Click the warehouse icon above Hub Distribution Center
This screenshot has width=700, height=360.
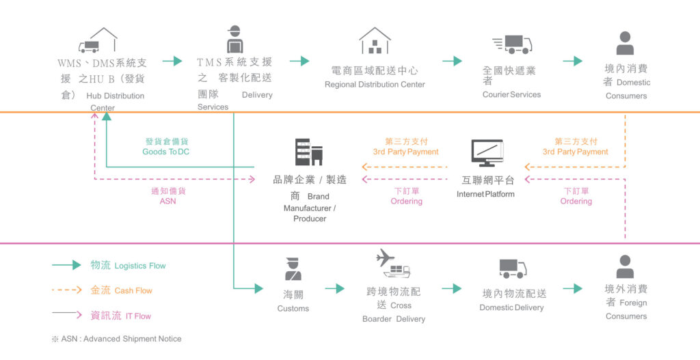pyautogui.click(x=99, y=41)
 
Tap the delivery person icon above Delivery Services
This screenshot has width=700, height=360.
pyautogui.click(x=235, y=40)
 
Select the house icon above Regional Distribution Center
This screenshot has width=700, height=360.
pyautogui.click(x=375, y=41)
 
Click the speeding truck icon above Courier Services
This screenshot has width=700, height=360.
pyautogui.click(x=512, y=44)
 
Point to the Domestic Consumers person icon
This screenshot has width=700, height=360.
pyautogui.click(x=625, y=43)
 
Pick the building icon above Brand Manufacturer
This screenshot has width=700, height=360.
pyautogui.click(x=308, y=152)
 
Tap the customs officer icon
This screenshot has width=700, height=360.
pyautogui.click(x=293, y=268)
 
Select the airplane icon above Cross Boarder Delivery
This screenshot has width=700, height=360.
pyautogui.click(x=386, y=258)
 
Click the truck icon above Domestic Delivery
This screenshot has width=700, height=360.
pyautogui.click(x=513, y=268)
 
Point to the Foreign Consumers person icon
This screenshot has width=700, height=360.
pyautogui.click(x=625, y=266)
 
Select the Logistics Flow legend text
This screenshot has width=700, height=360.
pyautogui.click(x=129, y=265)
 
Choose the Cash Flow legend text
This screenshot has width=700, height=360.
pyautogui.click(x=122, y=290)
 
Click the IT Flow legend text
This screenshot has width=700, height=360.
pyautogui.click(x=121, y=316)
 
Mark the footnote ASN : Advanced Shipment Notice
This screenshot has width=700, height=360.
pyautogui.click(x=116, y=339)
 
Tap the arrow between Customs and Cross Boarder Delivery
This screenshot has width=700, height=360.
pyautogui.click(x=334, y=288)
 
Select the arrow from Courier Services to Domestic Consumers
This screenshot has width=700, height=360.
pyautogui.click(x=572, y=61)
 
